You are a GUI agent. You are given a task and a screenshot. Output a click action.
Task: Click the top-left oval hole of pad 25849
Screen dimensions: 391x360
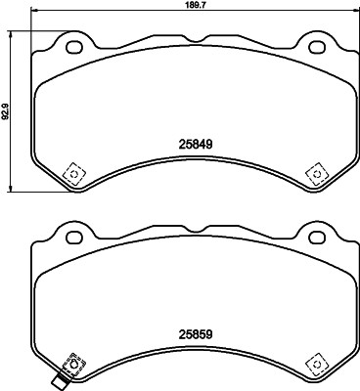(72, 45)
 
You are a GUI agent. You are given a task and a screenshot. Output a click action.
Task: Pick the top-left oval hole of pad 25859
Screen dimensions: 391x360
(72, 236)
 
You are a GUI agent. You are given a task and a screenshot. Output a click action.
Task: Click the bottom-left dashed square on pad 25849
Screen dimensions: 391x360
(71, 173)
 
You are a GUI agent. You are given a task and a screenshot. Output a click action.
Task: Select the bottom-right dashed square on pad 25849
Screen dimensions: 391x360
(315, 173)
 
